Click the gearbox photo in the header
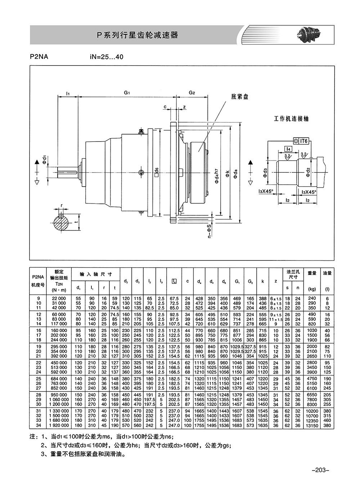pos(310,35)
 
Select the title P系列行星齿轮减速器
pos(137,35)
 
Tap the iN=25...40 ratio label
pos(107,57)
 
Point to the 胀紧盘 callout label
pos(240,97)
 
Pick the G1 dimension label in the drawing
pos(127,93)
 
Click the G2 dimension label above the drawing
pos(192,93)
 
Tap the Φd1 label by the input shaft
pos(44,159)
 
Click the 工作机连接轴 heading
pos(291,119)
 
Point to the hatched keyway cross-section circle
pos(61,223)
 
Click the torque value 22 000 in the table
pos(59,299)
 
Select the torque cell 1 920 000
pos(59,425)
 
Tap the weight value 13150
pos(312,425)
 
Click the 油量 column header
pos(327,273)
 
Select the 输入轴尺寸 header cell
pos(96,274)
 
